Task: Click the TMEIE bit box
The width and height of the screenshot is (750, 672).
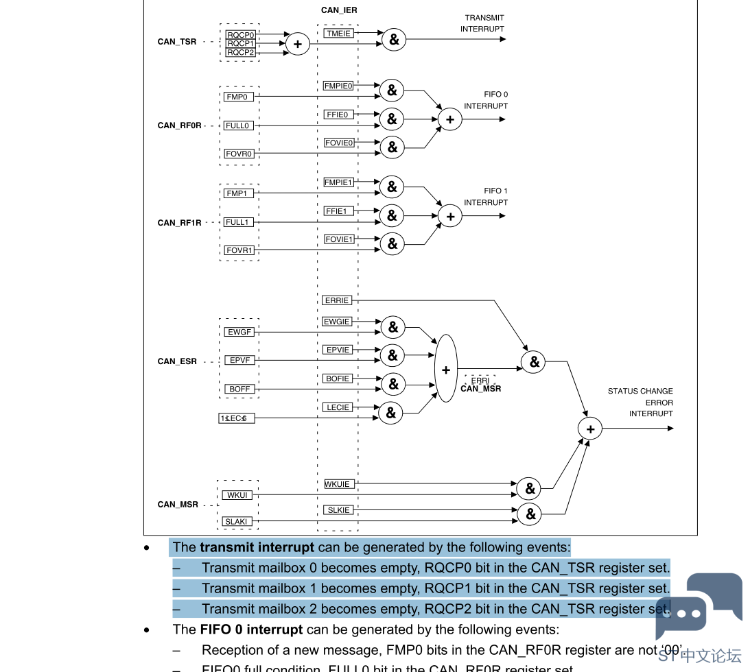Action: click(x=339, y=33)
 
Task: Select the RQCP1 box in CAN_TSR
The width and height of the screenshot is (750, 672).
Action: click(x=240, y=44)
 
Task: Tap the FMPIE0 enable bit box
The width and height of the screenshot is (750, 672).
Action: click(x=338, y=86)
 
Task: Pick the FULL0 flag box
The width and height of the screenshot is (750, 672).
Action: click(x=237, y=125)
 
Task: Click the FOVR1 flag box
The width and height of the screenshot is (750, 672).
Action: click(x=239, y=250)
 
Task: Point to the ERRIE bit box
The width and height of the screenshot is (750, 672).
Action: click(x=337, y=300)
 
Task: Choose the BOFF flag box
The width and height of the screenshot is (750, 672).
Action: click(x=239, y=389)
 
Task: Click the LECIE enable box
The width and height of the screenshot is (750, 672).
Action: click(x=338, y=407)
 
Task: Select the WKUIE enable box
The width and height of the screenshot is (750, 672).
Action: click(x=338, y=484)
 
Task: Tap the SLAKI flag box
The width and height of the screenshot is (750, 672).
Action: click(x=236, y=522)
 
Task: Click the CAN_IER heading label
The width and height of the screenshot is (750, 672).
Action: click(x=339, y=10)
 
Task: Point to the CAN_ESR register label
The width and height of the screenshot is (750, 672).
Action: click(x=177, y=361)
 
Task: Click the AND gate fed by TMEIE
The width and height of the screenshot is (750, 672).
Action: click(x=394, y=40)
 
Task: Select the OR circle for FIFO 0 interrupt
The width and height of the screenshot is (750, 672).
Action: click(x=450, y=119)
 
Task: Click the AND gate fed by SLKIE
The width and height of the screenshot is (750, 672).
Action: click(x=530, y=514)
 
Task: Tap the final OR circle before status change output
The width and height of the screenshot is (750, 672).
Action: click(x=590, y=429)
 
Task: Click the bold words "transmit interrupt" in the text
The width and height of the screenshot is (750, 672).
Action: click(x=257, y=547)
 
